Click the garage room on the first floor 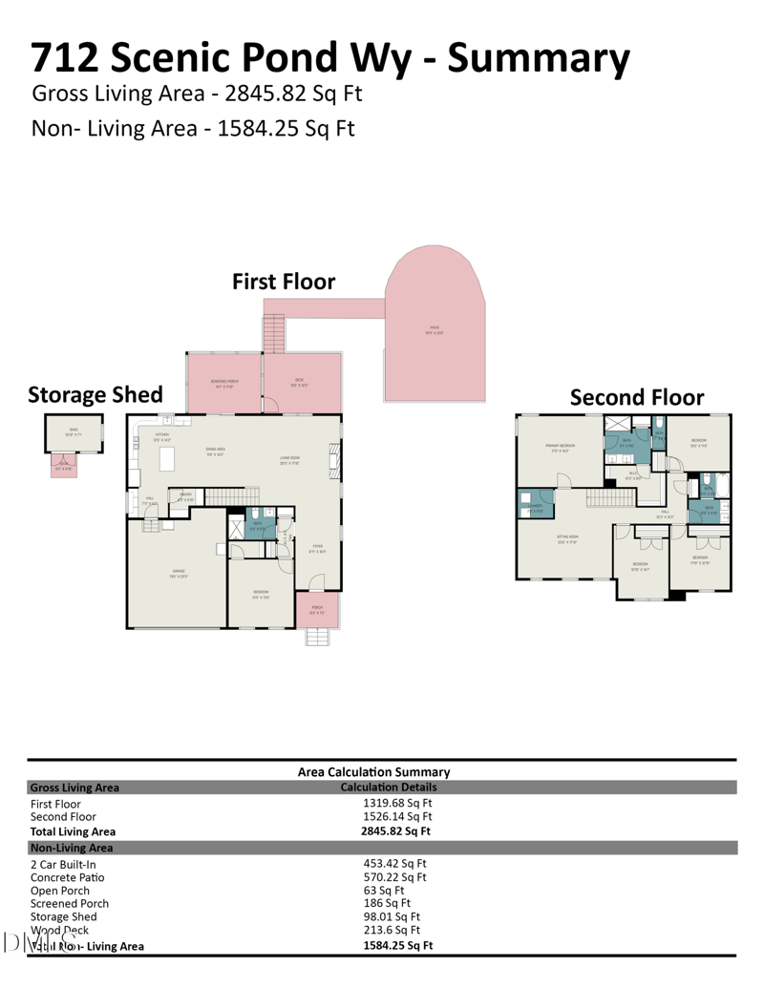[x=177, y=573]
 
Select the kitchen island [x=167, y=460]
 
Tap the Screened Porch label [x=224, y=382]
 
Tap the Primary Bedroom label [x=559, y=447]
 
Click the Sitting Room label [x=568, y=537]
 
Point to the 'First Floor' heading [x=284, y=282]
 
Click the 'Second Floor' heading [x=636, y=398]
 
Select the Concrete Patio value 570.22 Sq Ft [x=394, y=877]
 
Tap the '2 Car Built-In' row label [x=63, y=865]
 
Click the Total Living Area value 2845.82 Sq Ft [x=396, y=831]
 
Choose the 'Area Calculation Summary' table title [x=373, y=771]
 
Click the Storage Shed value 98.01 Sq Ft [x=393, y=916]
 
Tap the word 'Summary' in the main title [x=539, y=58]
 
